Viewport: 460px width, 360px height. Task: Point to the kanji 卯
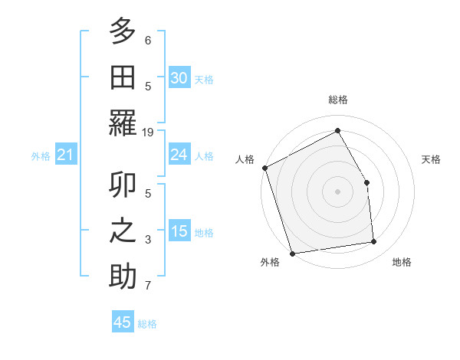click(123, 185)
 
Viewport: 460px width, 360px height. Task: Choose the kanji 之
click(123, 230)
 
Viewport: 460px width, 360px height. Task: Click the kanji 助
click(123, 275)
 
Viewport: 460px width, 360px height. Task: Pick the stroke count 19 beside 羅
click(148, 132)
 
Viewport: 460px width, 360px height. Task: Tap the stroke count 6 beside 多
click(148, 40)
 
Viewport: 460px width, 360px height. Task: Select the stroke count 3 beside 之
click(148, 240)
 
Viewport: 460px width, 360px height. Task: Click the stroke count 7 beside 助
click(148, 286)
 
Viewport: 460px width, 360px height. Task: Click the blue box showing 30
click(179, 77)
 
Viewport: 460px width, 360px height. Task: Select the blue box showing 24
click(179, 155)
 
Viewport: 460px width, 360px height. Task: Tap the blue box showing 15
click(179, 231)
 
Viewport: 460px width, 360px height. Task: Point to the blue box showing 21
click(65, 155)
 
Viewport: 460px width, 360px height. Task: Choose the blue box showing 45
click(123, 322)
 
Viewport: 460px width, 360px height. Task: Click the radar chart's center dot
click(337, 191)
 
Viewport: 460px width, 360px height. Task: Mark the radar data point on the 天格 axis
click(366, 182)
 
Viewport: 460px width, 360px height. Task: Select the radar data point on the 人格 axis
click(264, 168)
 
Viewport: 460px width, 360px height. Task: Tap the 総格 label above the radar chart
click(337, 100)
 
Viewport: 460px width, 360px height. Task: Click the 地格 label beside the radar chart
click(402, 262)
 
